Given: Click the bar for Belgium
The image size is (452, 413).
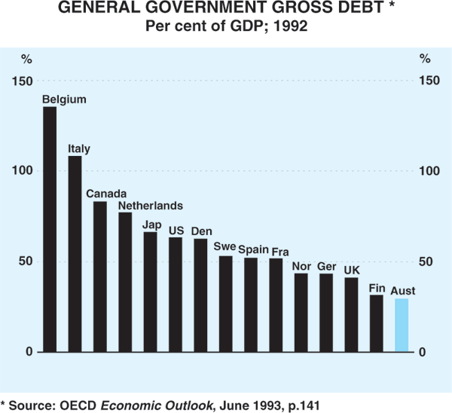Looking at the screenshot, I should (50, 229).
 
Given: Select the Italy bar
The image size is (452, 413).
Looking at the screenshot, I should (75, 254).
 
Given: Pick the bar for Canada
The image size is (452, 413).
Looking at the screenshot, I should (100, 277).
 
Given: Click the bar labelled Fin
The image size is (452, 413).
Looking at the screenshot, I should (377, 323).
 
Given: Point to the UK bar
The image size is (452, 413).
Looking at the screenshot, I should (351, 315).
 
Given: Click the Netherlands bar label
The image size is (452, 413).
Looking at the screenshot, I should (151, 205).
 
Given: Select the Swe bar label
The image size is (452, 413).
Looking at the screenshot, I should (224, 246).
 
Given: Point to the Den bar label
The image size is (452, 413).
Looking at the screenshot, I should (201, 230).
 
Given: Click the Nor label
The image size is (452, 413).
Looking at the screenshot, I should (301, 266).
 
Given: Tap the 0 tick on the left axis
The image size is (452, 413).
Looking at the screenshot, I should (29, 353).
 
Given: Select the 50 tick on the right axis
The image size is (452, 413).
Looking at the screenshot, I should (427, 262).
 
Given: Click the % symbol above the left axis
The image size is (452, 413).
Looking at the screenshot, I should (26, 58).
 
